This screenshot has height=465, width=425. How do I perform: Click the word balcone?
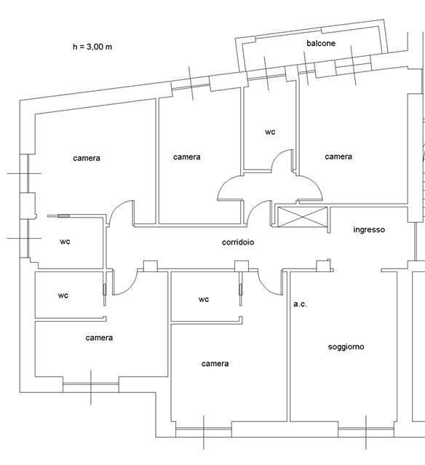pos(321,43)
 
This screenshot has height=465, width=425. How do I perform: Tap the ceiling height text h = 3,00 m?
pos(92,47)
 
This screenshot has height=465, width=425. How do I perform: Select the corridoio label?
pos(238,242)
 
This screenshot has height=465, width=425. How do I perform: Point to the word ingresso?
pos(369,229)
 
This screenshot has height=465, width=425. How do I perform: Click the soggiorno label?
pos(346,346)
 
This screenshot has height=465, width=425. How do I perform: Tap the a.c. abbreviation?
pos(300,304)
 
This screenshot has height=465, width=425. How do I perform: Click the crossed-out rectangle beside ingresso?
pos(302,217)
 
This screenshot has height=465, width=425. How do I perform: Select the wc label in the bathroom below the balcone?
pos(270,132)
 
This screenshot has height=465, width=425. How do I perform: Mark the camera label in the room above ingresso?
pos(338,156)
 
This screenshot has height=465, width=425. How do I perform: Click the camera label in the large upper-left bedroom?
pos(87,158)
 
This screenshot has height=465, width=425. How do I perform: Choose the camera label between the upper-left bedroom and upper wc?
pos(186,157)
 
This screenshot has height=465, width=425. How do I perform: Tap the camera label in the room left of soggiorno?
pos(215,364)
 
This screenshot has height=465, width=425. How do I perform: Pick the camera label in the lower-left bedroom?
pos(99,338)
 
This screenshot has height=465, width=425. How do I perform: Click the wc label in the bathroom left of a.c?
pos(204,300)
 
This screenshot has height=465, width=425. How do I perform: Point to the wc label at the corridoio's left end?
pos(65,242)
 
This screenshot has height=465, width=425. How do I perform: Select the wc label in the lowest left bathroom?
pos(63,295)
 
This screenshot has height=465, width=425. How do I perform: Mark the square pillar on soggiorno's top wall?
pos(323,266)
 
